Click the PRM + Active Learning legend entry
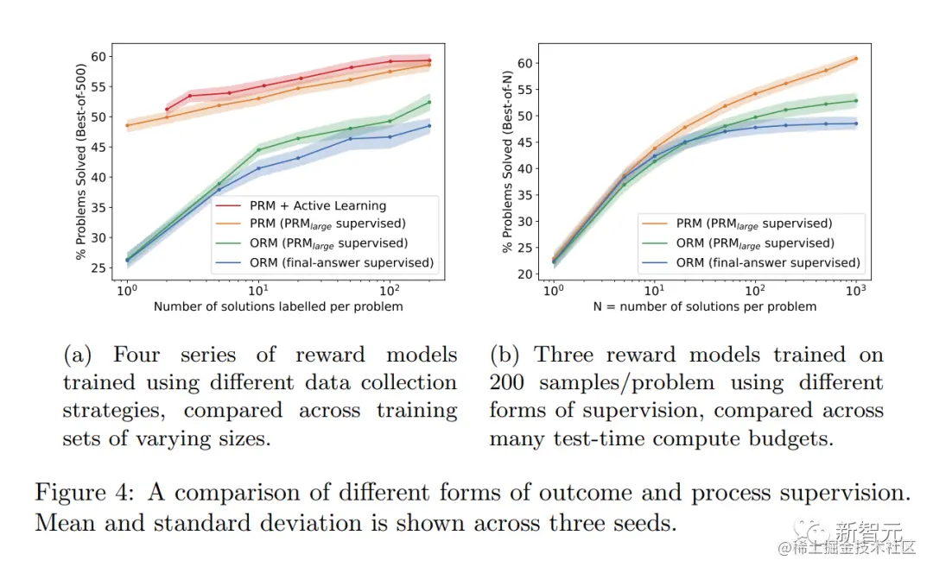pyautogui.click(x=318, y=205)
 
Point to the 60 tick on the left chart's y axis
pyautogui.click(x=103, y=57)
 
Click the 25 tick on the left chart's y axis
pyautogui.click(x=103, y=268)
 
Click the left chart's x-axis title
pyautogui.click(x=278, y=306)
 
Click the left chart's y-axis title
pyautogui.click(x=81, y=161)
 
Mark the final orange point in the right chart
pyautogui.click(x=855, y=59)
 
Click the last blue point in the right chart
pyautogui.click(x=855, y=123)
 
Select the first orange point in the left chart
pyautogui.click(x=127, y=126)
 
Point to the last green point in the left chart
pyautogui.click(x=429, y=103)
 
